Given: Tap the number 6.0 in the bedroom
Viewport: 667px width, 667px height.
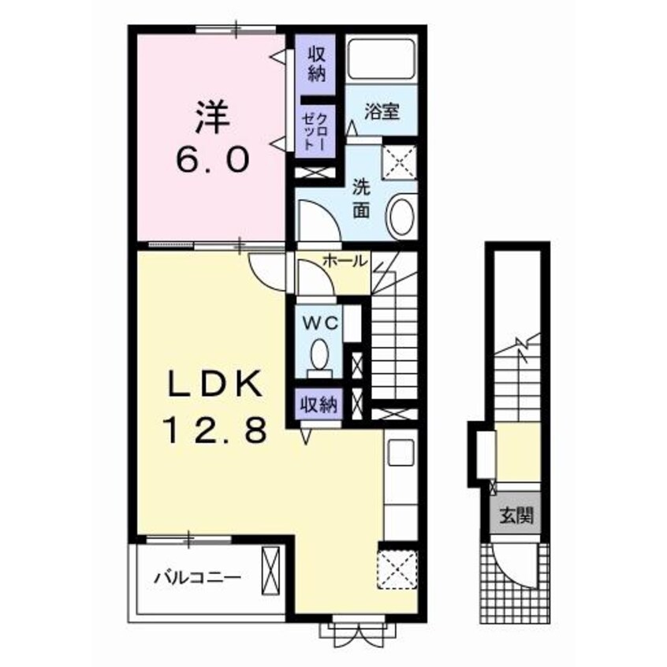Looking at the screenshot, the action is [212, 159].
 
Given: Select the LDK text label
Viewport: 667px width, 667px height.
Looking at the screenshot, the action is [214, 384].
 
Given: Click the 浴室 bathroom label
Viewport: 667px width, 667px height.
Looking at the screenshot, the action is [382, 111].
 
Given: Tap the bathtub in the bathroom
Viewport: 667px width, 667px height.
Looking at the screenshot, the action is [381, 59].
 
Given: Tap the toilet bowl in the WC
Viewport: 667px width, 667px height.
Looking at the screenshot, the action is [320, 354].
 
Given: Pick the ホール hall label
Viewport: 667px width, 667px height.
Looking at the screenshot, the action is [345, 260].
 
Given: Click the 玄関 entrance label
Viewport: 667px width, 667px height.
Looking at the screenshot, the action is [516, 516].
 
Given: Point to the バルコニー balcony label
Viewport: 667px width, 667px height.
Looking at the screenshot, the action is [198, 578].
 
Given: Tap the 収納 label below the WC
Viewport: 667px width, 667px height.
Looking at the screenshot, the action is [319, 404].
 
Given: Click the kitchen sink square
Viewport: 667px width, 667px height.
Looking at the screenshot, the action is [401, 453].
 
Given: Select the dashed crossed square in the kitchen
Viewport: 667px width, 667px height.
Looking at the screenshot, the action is [397, 569].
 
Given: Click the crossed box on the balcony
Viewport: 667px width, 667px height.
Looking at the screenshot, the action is [271, 571].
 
